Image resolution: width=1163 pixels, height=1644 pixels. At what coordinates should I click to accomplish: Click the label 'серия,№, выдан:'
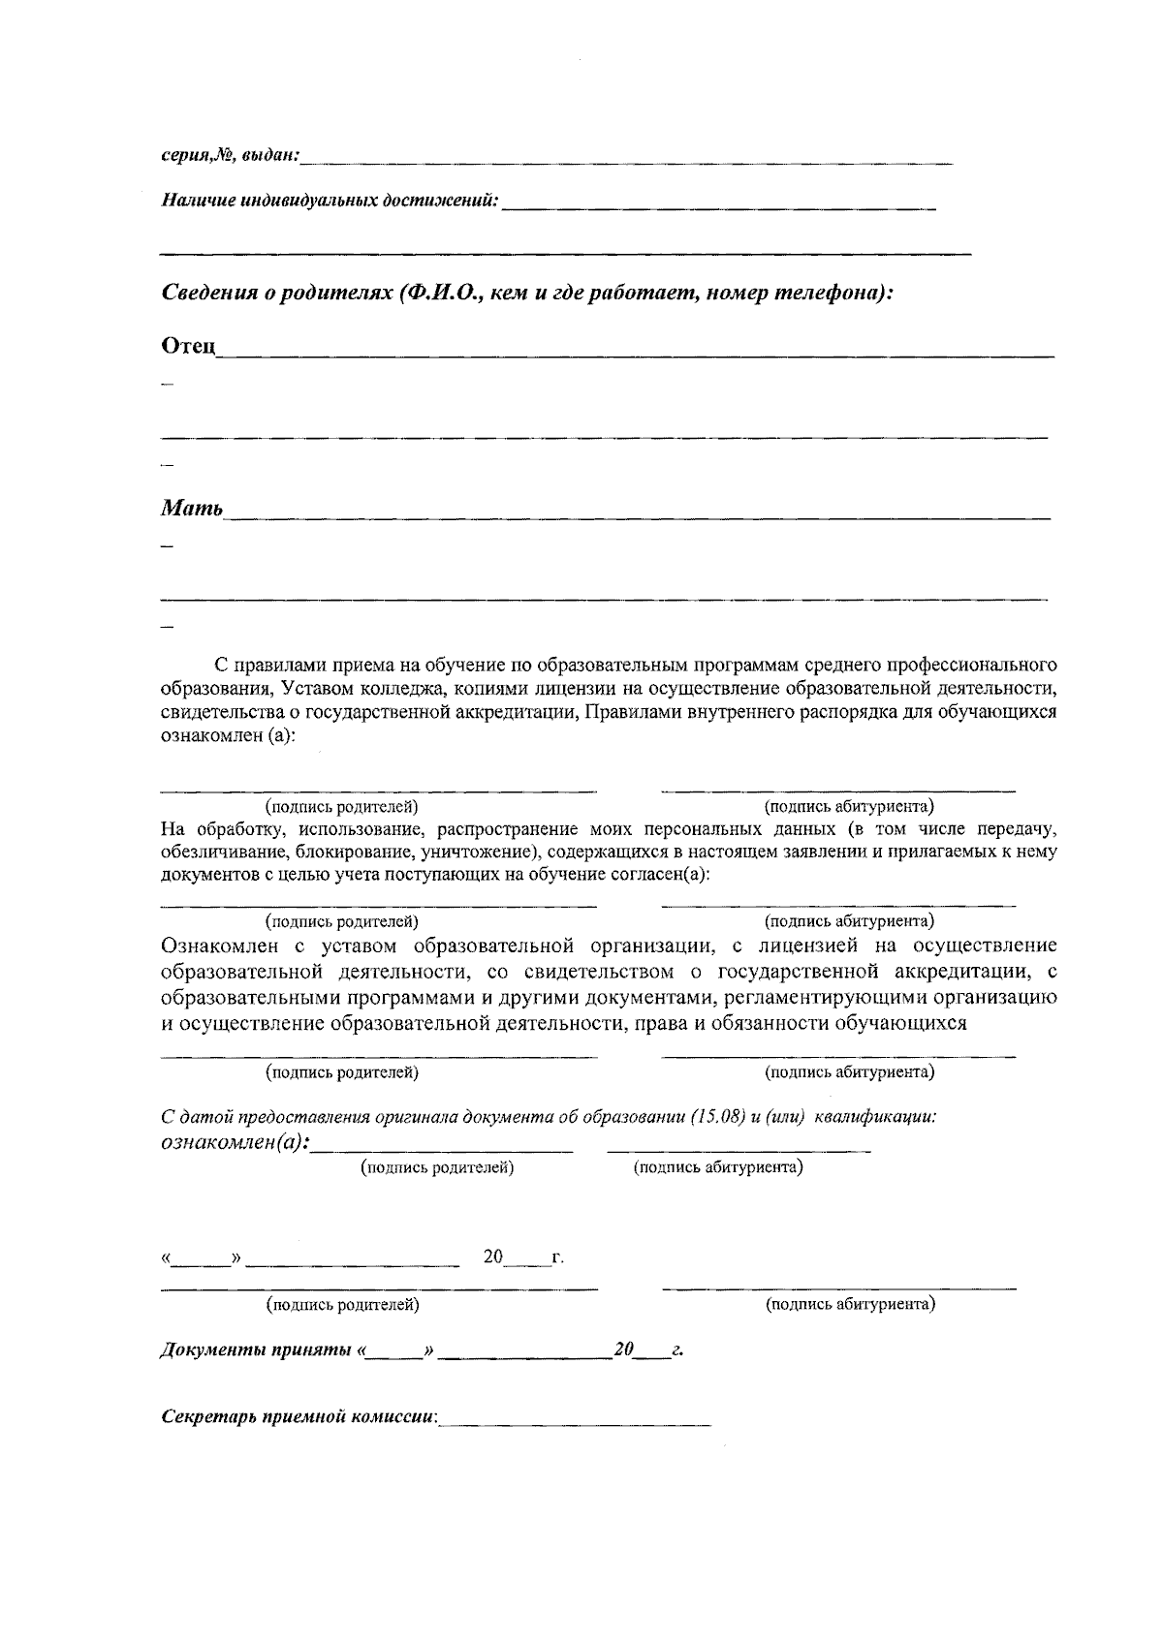pyautogui.click(x=230, y=155)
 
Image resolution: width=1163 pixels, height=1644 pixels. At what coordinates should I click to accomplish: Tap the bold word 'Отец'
pyautogui.click(x=187, y=346)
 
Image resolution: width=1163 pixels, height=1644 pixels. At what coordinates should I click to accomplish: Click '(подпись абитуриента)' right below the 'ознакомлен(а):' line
pyautogui.click(x=718, y=1167)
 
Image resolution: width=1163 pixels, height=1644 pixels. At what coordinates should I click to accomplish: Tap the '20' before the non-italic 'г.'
pyautogui.click(x=493, y=1257)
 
